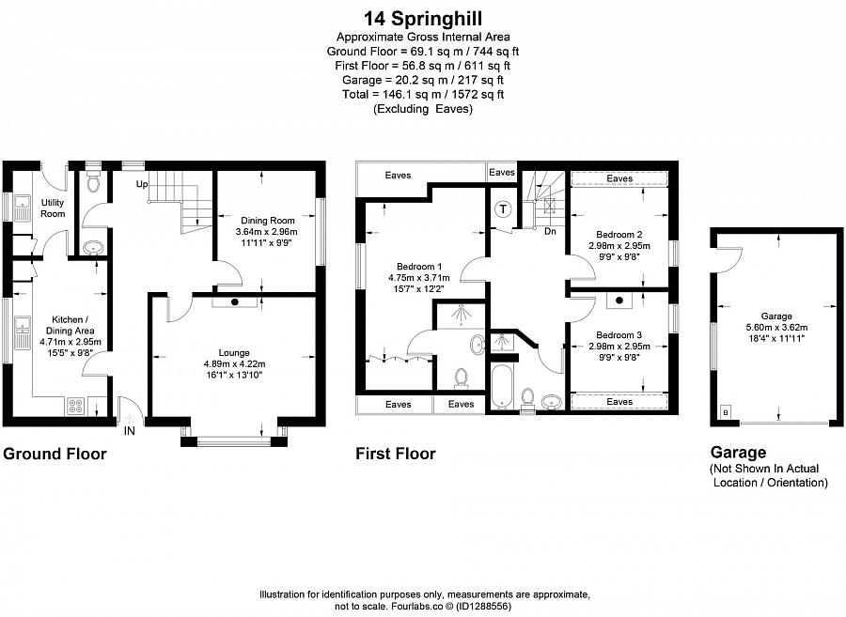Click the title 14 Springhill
(x=422, y=17)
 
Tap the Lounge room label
(x=235, y=351)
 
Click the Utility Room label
(x=53, y=208)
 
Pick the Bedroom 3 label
(x=619, y=334)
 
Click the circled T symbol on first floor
(x=504, y=208)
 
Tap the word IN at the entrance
(x=130, y=432)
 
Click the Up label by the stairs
(x=143, y=184)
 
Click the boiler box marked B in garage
(x=725, y=411)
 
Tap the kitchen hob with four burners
(x=75, y=407)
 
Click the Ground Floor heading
(x=55, y=455)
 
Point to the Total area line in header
(x=422, y=94)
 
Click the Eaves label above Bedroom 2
(x=619, y=178)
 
